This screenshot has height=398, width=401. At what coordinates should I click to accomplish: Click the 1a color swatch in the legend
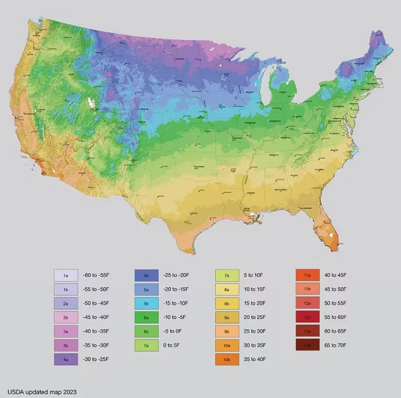[66, 276]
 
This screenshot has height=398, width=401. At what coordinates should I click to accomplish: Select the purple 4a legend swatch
[66, 360]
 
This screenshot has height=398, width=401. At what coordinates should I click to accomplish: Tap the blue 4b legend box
[146, 276]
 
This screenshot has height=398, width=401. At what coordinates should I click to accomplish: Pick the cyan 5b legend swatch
[146, 303]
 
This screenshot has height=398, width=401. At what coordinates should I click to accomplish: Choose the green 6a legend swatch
[146, 317]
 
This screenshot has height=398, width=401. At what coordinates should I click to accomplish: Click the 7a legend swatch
[146, 346]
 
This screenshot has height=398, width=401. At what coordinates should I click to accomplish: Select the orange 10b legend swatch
[227, 360]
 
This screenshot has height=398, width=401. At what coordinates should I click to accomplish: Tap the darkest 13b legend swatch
[307, 346]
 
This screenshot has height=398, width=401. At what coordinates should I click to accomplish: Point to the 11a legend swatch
[307, 276]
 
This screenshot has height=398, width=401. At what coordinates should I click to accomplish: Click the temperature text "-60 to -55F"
[96, 276]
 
